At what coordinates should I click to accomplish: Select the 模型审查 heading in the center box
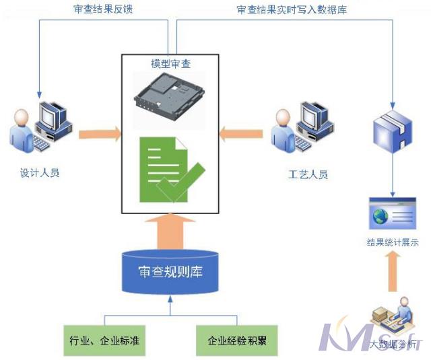click(x=170, y=64)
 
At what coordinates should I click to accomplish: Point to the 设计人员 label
click(x=40, y=173)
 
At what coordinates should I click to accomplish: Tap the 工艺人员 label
click(x=308, y=174)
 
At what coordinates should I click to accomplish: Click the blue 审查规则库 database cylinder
click(x=170, y=272)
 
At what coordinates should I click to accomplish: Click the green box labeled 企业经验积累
click(x=237, y=340)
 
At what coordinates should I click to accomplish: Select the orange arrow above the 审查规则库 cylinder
click(x=170, y=231)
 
